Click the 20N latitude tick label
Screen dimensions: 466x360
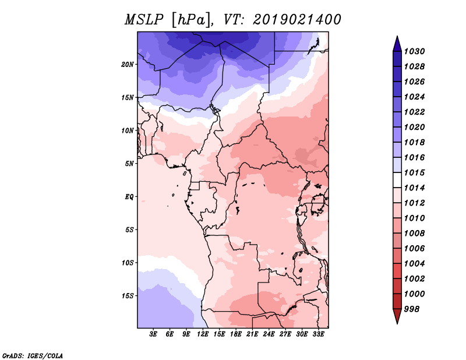point(128,65)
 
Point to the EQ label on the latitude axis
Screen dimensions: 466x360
point(129,197)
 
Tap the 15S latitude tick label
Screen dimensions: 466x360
point(128,296)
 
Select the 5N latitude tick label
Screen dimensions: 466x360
point(129,164)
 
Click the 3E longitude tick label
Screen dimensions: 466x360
point(153,334)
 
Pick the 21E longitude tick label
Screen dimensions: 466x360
point(252,334)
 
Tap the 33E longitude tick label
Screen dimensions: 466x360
point(318,334)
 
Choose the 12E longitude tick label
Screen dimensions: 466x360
point(202,334)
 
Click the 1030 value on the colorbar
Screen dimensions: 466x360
point(415,51)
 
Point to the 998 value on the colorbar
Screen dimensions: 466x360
point(412,309)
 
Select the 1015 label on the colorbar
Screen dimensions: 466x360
point(415,172)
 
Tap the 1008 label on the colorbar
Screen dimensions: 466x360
point(415,234)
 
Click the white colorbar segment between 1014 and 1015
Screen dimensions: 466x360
point(397,180)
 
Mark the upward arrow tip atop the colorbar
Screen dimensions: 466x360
point(397,36)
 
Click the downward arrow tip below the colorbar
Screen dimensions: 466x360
point(397,324)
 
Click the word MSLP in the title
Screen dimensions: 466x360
point(144,20)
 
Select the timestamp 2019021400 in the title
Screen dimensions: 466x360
point(297,20)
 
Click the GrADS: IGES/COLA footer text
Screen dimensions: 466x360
point(33,356)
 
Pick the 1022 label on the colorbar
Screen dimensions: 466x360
point(415,112)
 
